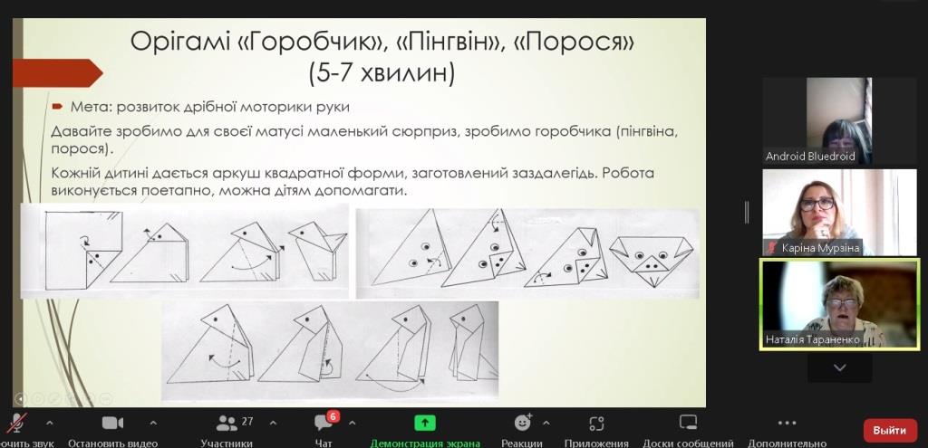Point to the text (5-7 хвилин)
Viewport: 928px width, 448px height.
pyautogui.click(x=382, y=75)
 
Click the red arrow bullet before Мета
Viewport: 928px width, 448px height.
pyautogui.click(x=57, y=107)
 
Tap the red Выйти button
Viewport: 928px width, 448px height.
pyautogui.click(x=890, y=430)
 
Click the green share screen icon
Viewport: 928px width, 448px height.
pyautogui.click(x=425, y=423)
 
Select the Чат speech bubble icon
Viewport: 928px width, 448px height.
pyautogui.click(x=324, y=424)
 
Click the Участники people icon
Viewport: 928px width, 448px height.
pyautogui.click(x=226, y=424)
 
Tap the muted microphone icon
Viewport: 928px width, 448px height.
pyautogui.click(x=16, y=423)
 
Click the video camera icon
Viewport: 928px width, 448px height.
pyautogui.click(x=112, y=424)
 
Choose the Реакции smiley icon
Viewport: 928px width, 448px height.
pyautogui.click(x=523, y=422)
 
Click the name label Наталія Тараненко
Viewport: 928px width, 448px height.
pyautogui.click(x=812, y=339)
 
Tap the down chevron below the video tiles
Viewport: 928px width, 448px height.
pyautogui.click(x=839, y=367)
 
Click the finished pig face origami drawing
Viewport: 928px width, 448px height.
pyautogui.click(x=651, y=261)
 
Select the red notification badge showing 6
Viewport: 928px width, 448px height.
pyautogui.click(x=333, y=416)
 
